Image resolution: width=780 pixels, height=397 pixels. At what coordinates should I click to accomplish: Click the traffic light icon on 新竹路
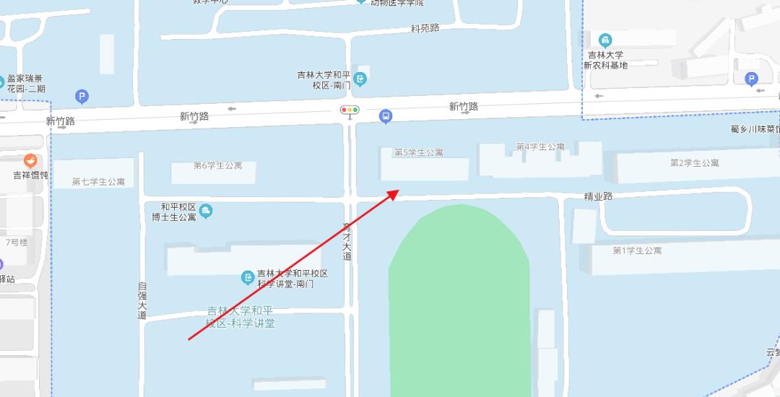tap(350, 110)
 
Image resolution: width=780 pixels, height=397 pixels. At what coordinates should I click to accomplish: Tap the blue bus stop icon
tap(386, 116)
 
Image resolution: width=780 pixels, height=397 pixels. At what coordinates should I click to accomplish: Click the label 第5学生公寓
tap(419, 152)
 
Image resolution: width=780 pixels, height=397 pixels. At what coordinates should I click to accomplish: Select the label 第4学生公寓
tap(540, 147)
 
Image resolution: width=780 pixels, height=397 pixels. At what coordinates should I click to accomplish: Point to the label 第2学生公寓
tap(695, 162)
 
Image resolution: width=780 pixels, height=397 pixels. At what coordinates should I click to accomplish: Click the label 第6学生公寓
tap(218, 165)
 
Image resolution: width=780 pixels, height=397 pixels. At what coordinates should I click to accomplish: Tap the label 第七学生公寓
tap(98, 181)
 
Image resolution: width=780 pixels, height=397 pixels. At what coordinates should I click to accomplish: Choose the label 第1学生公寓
tap(637, 250)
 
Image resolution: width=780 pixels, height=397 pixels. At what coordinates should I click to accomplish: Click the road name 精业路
tap(598, 196)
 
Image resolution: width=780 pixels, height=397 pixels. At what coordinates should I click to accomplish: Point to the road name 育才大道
tap(347, 241)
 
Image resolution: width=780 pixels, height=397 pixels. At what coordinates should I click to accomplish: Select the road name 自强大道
tap(142, 300)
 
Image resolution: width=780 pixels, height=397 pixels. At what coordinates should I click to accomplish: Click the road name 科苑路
tap(425, 28)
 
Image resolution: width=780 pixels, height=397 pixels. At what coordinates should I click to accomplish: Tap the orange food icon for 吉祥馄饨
tap(30, 161)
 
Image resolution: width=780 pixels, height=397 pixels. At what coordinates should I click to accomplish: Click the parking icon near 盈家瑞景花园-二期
tap(82, 96)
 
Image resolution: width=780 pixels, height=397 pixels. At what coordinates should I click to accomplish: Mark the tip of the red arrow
tap(398, 191)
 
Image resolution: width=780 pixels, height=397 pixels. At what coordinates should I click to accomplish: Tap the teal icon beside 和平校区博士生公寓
tap(206, 211)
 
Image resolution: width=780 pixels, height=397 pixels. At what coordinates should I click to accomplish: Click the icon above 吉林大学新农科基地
tap(605, 40)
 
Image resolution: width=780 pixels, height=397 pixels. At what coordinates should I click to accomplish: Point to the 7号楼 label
tap(17, 242)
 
